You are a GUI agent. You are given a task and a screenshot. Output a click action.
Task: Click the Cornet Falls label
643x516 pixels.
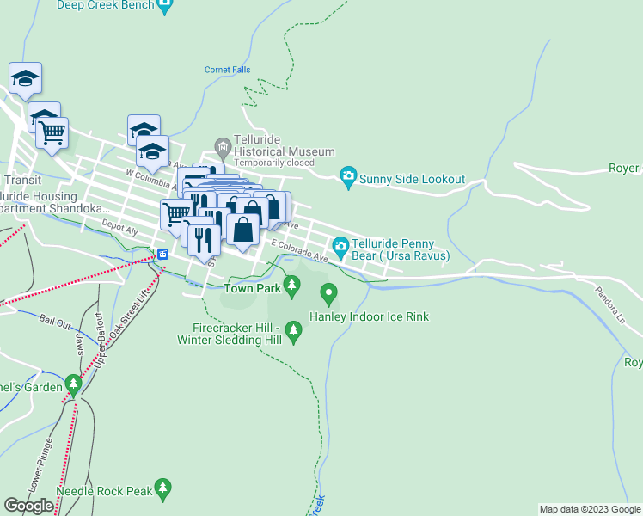pos(227,71)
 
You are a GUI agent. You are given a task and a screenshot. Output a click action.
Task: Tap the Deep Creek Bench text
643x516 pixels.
pos(106,5)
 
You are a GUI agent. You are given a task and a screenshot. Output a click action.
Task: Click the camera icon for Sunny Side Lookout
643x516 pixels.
pos(348,178)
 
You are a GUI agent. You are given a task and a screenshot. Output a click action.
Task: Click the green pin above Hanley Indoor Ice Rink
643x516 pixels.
pos(328,294)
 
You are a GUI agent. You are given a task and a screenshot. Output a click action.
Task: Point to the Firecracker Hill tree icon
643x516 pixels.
pos(293,329)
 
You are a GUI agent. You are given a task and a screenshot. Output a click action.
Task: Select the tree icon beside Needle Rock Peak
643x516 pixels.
pos(163,490)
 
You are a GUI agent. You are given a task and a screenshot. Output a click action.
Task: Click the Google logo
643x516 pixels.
pos(29,506)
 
